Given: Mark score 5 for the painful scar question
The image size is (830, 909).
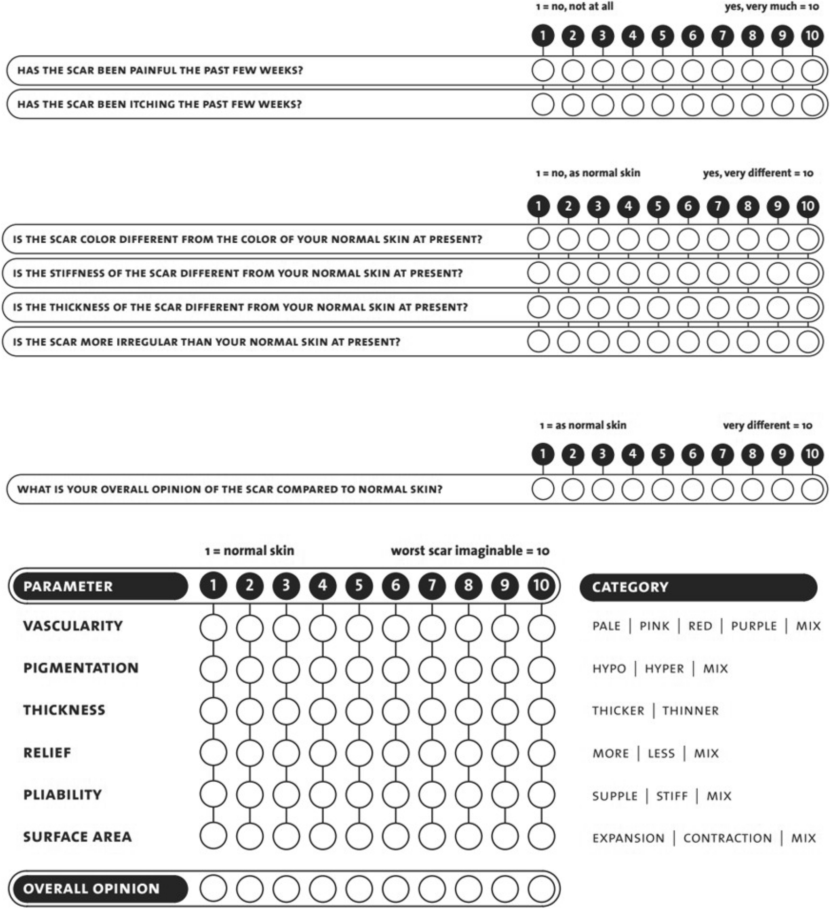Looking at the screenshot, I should click(x=663, y=71).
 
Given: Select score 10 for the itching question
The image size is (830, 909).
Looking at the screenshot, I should click(x=812, y=104).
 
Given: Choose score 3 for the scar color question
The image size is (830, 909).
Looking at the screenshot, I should click(x=598, y=239).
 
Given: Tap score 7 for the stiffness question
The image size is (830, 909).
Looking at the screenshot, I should click(x=718, y=273).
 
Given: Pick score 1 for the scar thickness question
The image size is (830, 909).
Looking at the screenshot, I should click(x=538, y=307).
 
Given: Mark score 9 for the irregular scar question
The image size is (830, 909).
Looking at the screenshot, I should click(x=778, y=342).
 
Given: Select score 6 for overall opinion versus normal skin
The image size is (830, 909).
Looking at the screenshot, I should click(x=693, y=489).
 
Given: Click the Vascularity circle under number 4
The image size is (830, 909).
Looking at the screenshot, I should click(x=323, y=627).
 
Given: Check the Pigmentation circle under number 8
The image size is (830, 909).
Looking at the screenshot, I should click(x=468, y=669).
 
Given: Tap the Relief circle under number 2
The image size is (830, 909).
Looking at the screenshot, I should click(x=250, y=753).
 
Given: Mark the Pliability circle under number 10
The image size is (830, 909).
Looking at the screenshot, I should click(x=541, y=795).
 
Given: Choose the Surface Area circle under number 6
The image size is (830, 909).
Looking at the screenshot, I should click(x=395, y=836).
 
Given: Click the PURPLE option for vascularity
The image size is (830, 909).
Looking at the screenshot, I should click(x=754, y=626).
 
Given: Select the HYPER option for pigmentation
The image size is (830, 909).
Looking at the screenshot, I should click(x=664, y=669).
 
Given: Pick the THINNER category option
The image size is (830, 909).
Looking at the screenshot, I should click(x=690, y=711).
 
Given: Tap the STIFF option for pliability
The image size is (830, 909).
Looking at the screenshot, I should click(x=672, y=796).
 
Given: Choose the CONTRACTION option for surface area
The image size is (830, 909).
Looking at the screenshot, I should click(x=727, y=838).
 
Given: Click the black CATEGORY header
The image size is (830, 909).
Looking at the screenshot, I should click(x=698, y=587).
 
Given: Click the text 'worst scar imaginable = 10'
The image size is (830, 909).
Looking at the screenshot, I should click(x=470, y=550).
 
